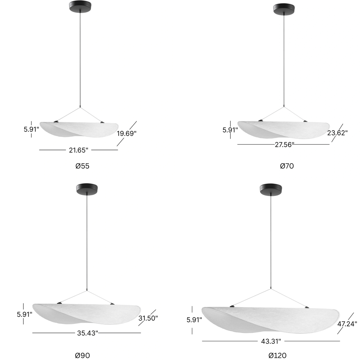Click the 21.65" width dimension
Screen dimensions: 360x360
click(x=79, y=150)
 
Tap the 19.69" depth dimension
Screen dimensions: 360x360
click(x=127, y=133)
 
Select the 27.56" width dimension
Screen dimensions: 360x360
click(x=284, y=145)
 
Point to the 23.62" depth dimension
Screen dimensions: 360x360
click(x=337, y=133)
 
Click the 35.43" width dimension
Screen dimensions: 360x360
click(x=87, y=333)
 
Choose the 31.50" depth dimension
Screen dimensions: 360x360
click(x=148, y=318)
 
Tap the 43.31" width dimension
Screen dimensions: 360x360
click(x=271, y=341)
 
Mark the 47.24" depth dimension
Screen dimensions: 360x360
click(x=347, y=324)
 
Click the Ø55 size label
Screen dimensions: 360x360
click(x=82, y=166)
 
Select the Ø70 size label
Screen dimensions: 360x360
click(x=287, y=166)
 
